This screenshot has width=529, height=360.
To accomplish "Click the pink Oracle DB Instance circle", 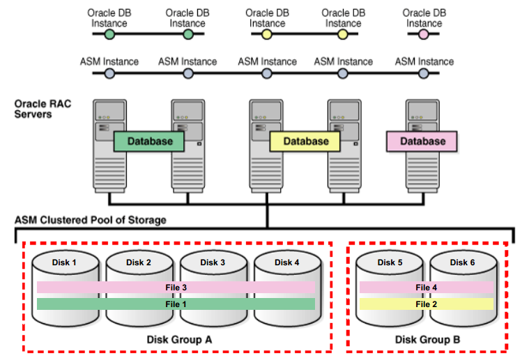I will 424,34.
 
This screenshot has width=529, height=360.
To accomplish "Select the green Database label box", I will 149,141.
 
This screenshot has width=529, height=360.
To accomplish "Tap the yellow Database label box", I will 305,141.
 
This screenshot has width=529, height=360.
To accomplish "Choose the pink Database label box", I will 422,141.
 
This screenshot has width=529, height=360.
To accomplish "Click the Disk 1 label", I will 64,263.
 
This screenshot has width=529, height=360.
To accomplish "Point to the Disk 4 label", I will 283,263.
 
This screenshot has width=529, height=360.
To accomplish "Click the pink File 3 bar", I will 175,287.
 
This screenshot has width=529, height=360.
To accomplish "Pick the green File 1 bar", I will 175,304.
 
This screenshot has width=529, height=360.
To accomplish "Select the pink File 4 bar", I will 426,287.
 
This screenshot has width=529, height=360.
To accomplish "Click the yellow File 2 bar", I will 426,304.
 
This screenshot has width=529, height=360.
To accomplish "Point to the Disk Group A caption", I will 179,339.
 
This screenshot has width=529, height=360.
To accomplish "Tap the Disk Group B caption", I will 427,339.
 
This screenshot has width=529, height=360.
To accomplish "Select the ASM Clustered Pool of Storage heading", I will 91,220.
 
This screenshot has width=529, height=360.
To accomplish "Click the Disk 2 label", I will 139,263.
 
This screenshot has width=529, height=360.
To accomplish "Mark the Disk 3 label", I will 213,263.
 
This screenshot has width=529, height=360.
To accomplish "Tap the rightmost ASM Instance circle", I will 424,73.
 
